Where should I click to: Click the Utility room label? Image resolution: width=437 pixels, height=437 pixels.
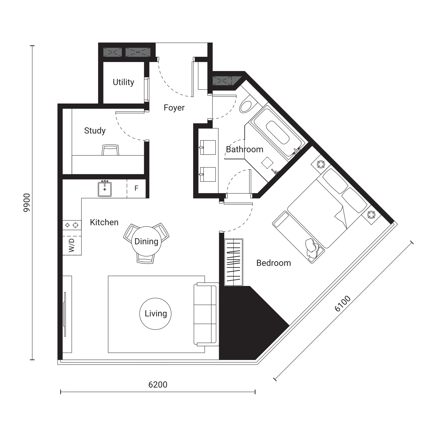tap(123, 82)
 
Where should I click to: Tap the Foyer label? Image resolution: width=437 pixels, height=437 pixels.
tap(174, 108)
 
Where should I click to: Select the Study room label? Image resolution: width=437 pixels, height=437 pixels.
tap(95, 131)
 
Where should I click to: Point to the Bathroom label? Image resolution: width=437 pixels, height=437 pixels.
tap(245, 149)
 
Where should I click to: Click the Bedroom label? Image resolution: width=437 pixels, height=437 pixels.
tap(274, 263)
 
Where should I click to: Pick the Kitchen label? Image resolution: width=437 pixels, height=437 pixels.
tap(104, 222)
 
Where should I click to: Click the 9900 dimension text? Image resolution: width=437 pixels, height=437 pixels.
tap(27, 203)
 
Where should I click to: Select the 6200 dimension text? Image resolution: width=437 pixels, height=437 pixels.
tap(158, 385)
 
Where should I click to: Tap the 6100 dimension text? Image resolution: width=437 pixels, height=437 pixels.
tap(343, 303)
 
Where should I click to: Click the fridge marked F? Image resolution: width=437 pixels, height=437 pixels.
tap(136, 188)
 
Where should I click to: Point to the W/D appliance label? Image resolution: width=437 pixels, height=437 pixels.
tap(71, 245)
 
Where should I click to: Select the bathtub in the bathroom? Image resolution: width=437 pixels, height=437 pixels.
tap(277, 132)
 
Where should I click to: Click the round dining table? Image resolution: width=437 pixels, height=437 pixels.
tap(146, 241)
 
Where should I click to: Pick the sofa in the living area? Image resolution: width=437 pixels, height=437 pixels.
tap(206, 314)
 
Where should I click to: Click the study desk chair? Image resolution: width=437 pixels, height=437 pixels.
tap(110, 150)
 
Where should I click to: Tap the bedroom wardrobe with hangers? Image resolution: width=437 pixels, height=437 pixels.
tap(234, 262)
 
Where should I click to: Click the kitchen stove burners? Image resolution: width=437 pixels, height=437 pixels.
tap(72, 225)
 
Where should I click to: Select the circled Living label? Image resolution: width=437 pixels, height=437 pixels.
tap(155, 314)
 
